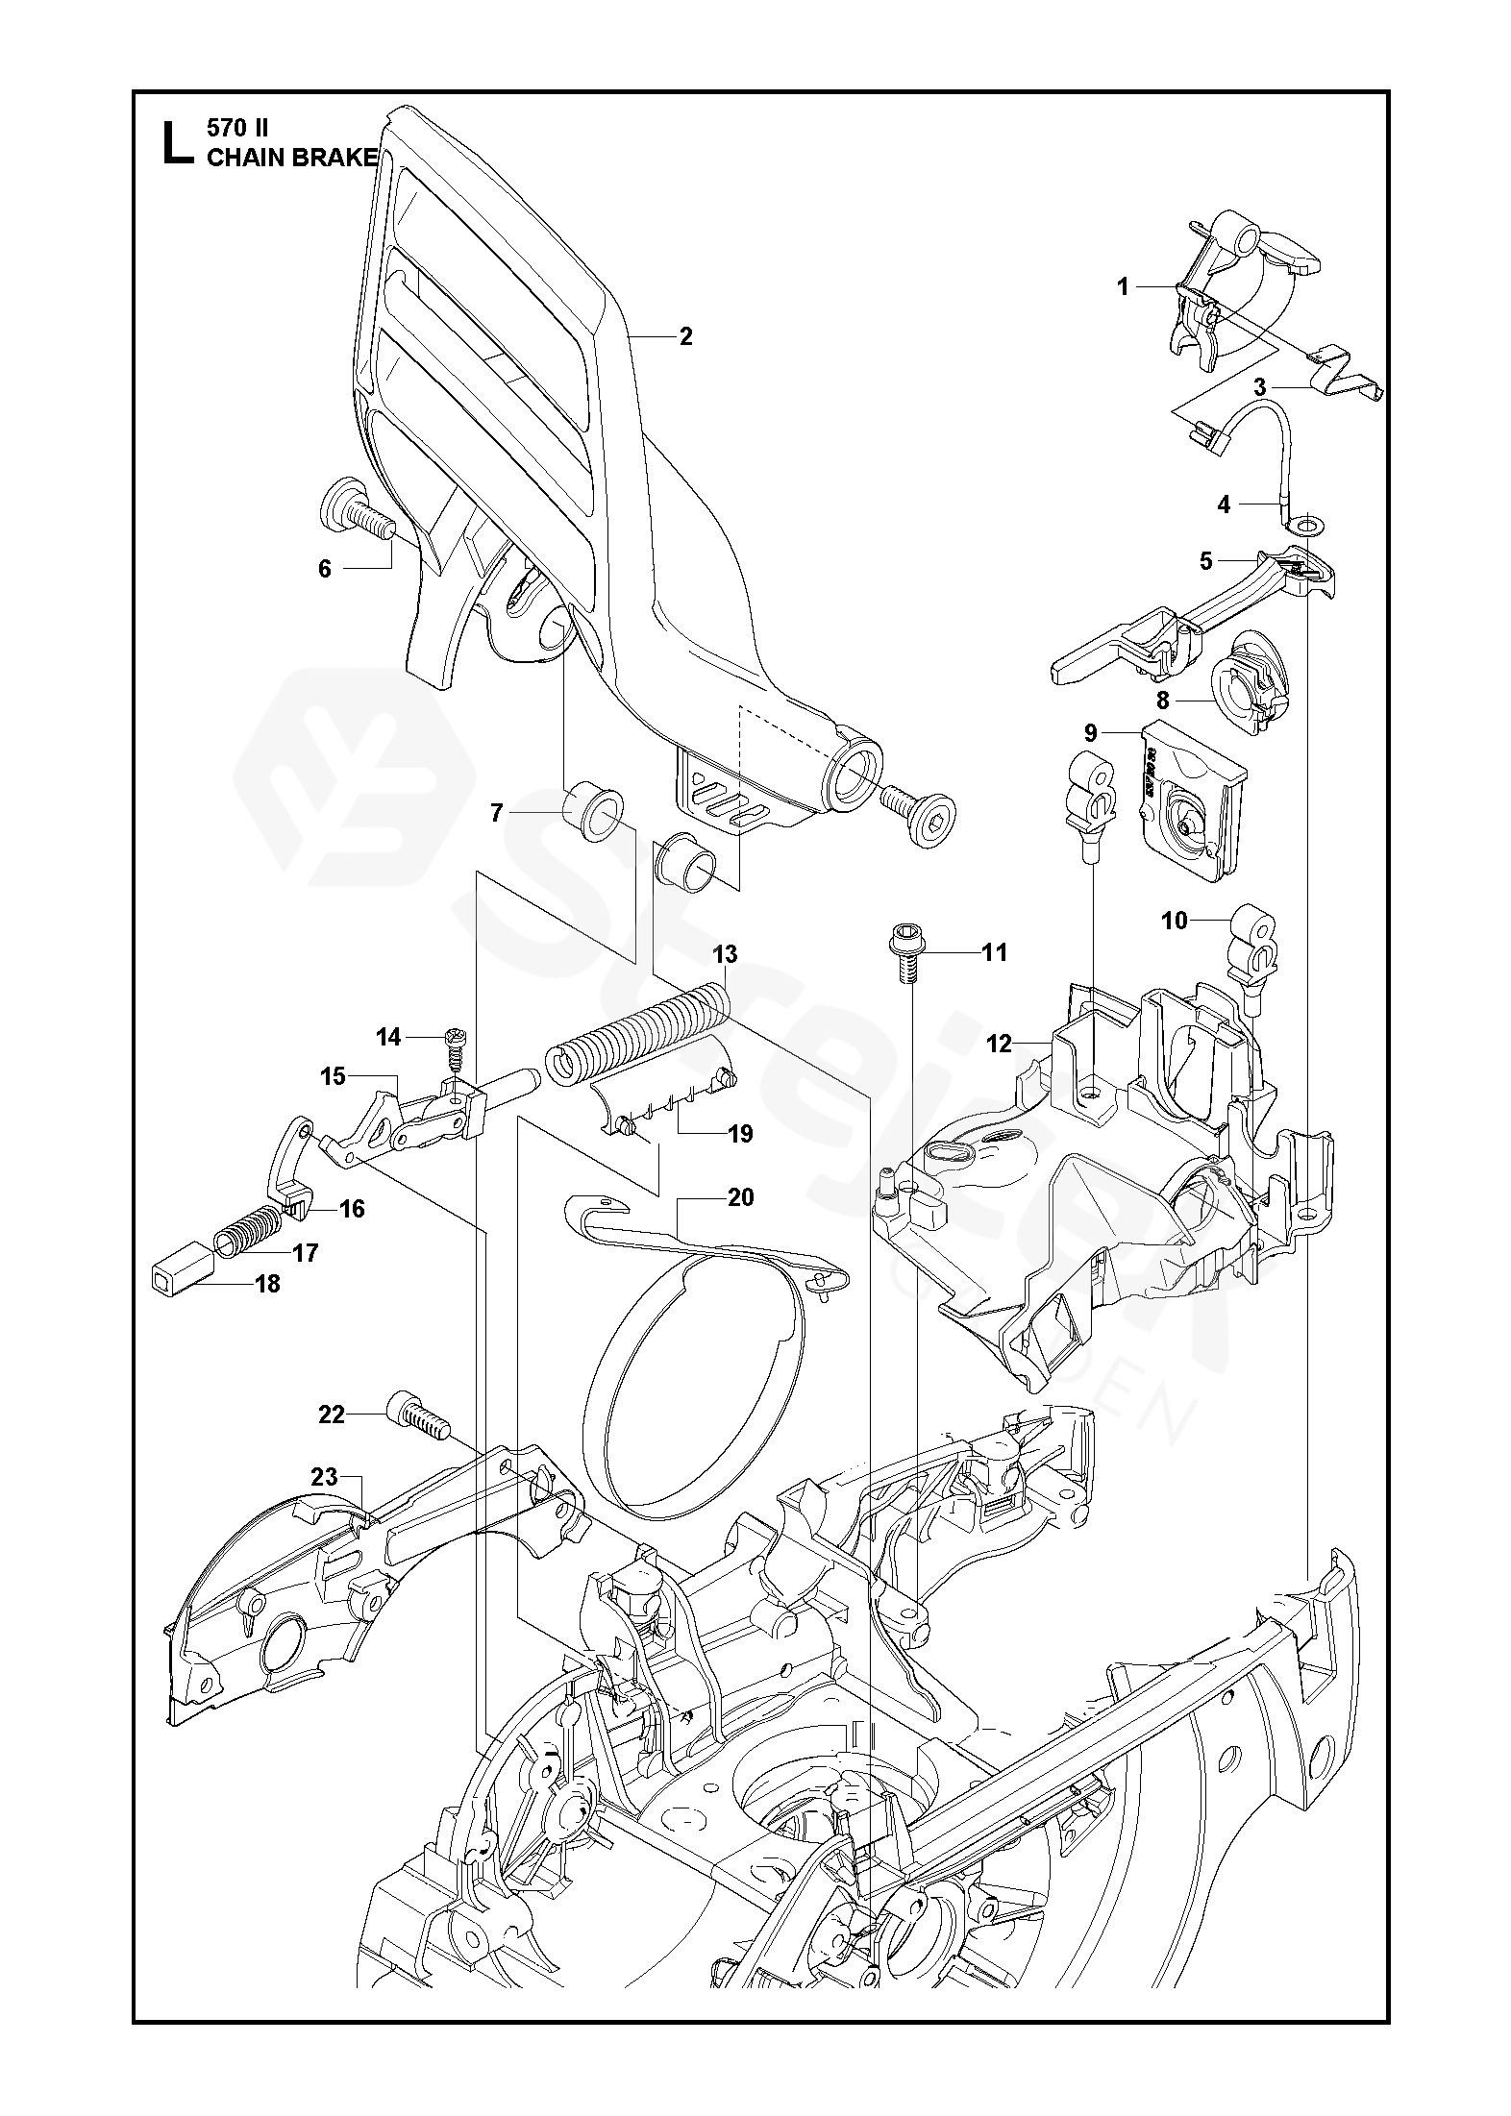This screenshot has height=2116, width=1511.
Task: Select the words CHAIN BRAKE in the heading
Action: [291, 158]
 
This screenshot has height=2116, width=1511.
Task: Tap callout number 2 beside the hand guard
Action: [685, 336]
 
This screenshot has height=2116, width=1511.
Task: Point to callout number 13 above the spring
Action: [725, 954]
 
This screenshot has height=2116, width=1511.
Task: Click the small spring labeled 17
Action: [248, 1229]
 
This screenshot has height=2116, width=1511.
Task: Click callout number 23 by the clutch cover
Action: [325, 1476]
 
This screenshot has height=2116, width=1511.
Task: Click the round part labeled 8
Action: [1246, 683]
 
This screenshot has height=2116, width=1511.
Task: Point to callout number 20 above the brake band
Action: [741, 1197]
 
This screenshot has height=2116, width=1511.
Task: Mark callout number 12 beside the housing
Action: [1000, 1043]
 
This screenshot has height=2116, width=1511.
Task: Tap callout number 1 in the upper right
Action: [1122, 286]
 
